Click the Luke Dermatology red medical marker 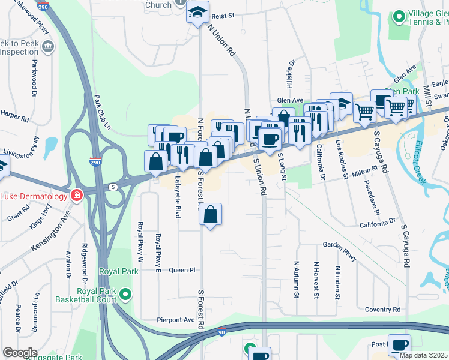tap(76, 196)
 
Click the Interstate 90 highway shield tap(221, 331)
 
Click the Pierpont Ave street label tap(176, 320)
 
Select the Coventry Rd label tap(382, 310)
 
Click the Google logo tap(20, 353)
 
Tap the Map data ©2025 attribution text tap(424, 355)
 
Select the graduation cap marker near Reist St tap(196, 13)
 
